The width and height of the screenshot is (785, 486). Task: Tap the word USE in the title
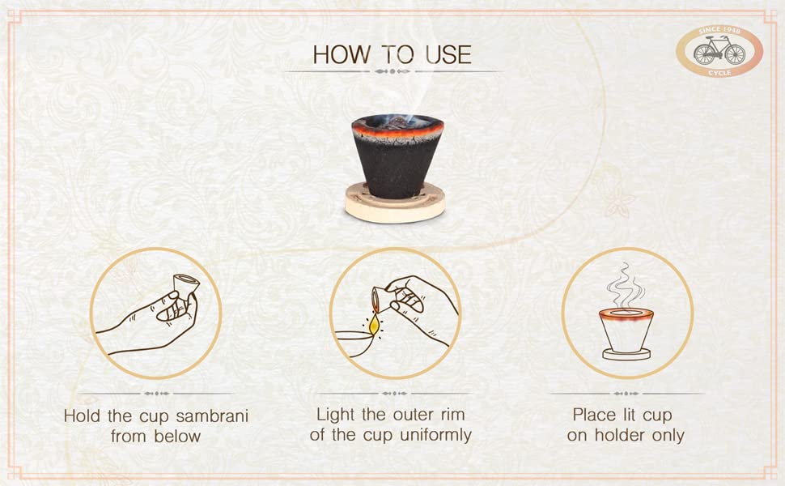tap(448, 54)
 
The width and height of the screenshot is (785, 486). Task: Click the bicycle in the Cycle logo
tap(719, 52)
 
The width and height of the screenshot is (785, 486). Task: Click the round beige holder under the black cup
tap(395, 204)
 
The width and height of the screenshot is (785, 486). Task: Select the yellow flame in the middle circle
tap(373, 326)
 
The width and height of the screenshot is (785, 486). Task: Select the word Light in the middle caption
tap(335, 415)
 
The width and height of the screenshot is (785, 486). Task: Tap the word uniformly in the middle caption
tap(435, 435)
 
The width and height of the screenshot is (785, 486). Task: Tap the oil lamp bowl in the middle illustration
tap(354, 343)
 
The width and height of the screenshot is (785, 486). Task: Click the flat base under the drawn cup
tap(626, 354)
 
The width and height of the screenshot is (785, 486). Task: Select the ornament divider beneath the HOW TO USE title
tap(392, 71)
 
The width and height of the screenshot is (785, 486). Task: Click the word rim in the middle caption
tap(452, 415)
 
